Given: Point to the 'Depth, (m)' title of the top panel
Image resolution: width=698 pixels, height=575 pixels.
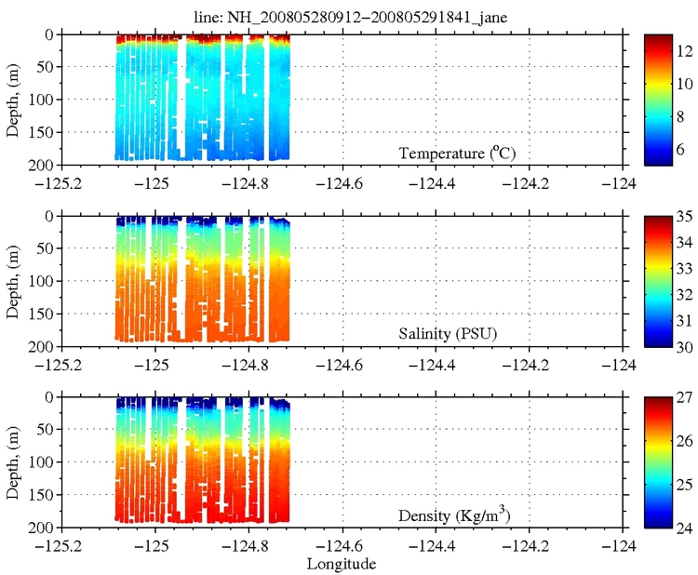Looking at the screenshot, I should pos(12,99).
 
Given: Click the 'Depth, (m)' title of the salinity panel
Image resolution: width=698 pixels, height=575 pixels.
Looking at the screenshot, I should pos(12,280).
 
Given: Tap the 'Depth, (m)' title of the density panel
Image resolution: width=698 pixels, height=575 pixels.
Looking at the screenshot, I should pos(12,461).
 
